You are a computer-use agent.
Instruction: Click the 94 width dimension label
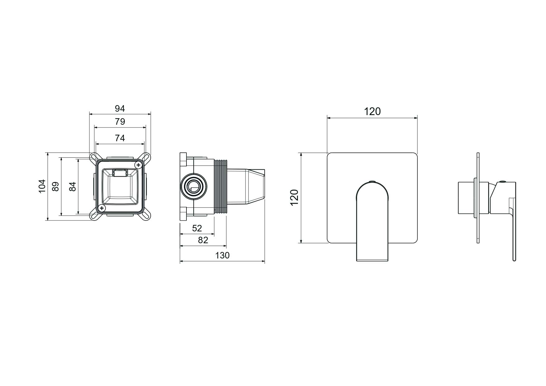(120, 109)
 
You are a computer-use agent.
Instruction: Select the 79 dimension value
(120, 122)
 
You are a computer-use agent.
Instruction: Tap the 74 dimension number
(120, 138)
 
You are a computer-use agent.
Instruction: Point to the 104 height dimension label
(42, 186)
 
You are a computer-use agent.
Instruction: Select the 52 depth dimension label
(197, 228)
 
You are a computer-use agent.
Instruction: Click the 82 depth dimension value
(203, 240)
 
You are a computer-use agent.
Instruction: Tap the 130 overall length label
(222, 255)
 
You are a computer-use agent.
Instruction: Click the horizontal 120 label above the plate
(372, 111)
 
